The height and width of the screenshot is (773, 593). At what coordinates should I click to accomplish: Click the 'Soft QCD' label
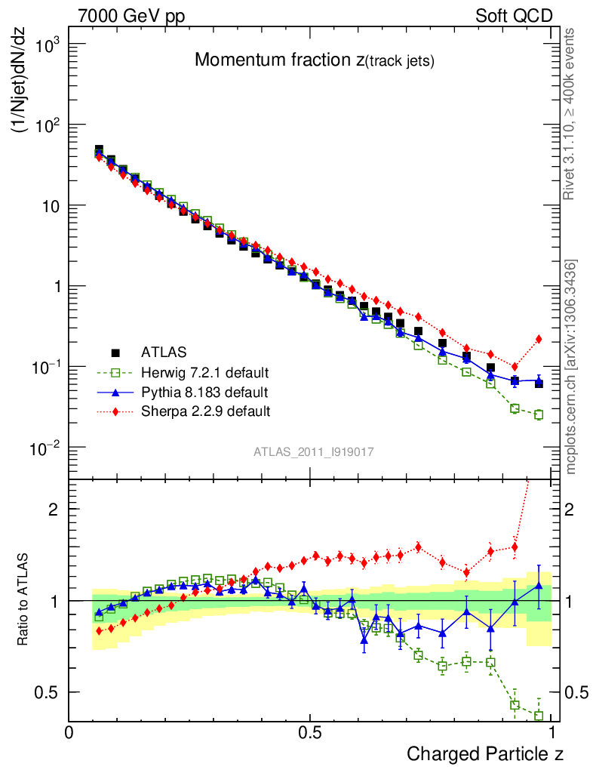514,16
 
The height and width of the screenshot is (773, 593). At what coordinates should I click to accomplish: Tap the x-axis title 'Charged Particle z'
485,753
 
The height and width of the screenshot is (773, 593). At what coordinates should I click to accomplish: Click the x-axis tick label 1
552,733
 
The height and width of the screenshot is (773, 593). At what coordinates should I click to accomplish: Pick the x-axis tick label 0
69,733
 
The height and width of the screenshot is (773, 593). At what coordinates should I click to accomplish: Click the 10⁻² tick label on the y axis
45,448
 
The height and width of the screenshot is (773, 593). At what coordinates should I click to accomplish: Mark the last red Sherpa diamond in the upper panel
539,339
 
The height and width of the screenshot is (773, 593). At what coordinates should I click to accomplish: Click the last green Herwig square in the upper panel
539,414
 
